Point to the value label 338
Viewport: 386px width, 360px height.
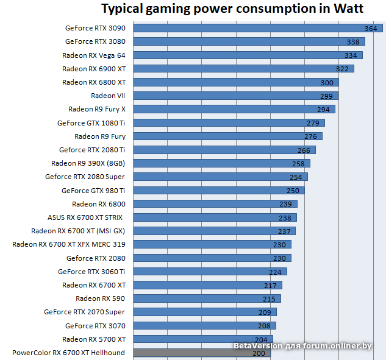click(x=353, y=42)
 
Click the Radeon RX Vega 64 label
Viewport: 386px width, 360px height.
click(x=94, y=55)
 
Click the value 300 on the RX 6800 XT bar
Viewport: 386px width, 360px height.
click(x=327, y=82)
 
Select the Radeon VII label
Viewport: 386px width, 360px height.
click(x=108, y=96)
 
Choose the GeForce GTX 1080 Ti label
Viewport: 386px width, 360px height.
click(x=91, y=122)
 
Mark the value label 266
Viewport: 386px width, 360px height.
click(x=304, y=150)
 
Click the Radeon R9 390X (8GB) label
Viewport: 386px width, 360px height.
click(x=88, y=163)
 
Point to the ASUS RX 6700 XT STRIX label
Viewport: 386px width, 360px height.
click(x=86, y=217)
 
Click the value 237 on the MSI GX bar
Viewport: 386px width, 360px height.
click(x=284, y=231)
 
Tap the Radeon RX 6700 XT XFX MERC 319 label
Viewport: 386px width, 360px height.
click(x=69, y=244)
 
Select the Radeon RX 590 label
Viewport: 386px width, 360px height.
click(x=101, y=298)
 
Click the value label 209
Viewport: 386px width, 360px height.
click(x=265, y=312)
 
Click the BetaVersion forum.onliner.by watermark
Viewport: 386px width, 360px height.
click(x=302, y=346)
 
